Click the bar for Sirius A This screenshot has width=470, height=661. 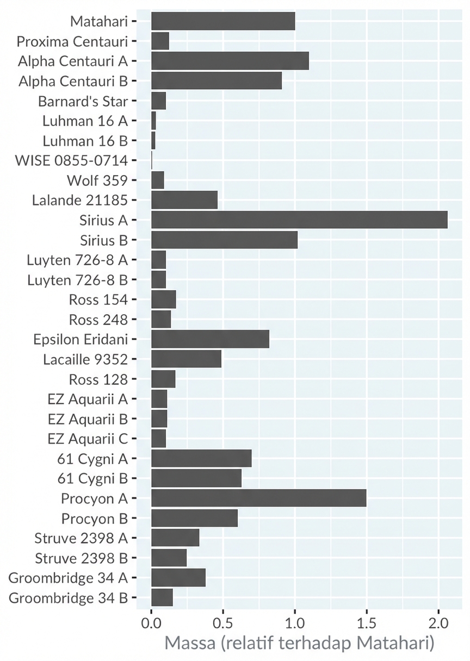(x=299, y=220)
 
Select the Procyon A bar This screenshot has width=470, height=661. (x=258, y=498)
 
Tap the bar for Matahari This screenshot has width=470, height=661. (x=223, y=21)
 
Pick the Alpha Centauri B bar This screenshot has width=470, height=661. (x=217, y=80)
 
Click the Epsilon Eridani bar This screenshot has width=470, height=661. (x=210, y=339)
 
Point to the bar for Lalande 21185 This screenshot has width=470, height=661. (x=184, y=199)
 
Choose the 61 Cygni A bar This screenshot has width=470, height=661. (x=201, y=458)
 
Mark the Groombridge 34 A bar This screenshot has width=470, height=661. (x=178, y=578)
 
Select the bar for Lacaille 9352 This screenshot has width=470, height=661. (x=186, y=359)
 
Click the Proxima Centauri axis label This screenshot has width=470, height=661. (x=72, y=41)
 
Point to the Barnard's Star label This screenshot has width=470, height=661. (x=83, y=101)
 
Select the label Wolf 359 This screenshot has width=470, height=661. (x=97, y=180)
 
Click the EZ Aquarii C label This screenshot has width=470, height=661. (x=88, y=439)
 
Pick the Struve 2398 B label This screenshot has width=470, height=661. (x=81, y=558)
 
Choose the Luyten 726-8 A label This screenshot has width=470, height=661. (x=77, y=260)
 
